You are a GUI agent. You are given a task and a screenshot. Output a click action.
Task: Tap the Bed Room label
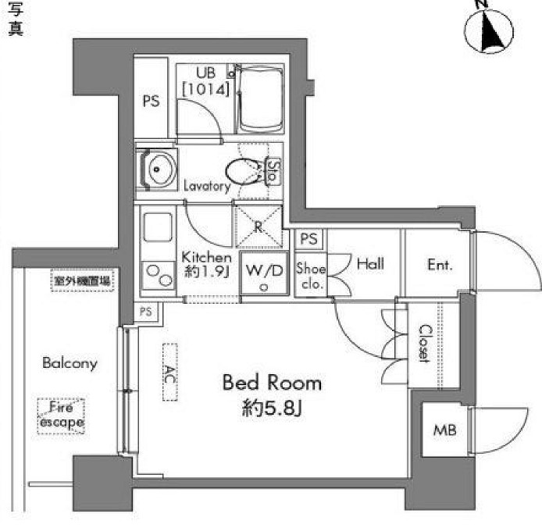pos(272,383)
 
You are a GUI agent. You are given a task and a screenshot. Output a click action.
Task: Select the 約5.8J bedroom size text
pos(272,408)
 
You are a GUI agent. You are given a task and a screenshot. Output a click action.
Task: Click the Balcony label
pos(70,363)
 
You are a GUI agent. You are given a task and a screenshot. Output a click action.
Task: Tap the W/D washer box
pos(265,275)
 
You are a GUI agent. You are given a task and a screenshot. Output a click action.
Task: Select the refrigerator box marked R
pos(259,223)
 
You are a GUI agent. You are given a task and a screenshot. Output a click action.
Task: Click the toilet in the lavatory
pos(245,170)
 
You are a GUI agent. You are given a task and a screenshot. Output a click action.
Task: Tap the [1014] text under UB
pos(205,89)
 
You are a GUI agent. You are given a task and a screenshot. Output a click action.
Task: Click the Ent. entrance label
pos(440,265)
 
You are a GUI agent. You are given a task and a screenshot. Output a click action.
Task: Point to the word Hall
pos(370,264)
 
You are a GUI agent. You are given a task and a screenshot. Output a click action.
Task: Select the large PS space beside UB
pos(152,101)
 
